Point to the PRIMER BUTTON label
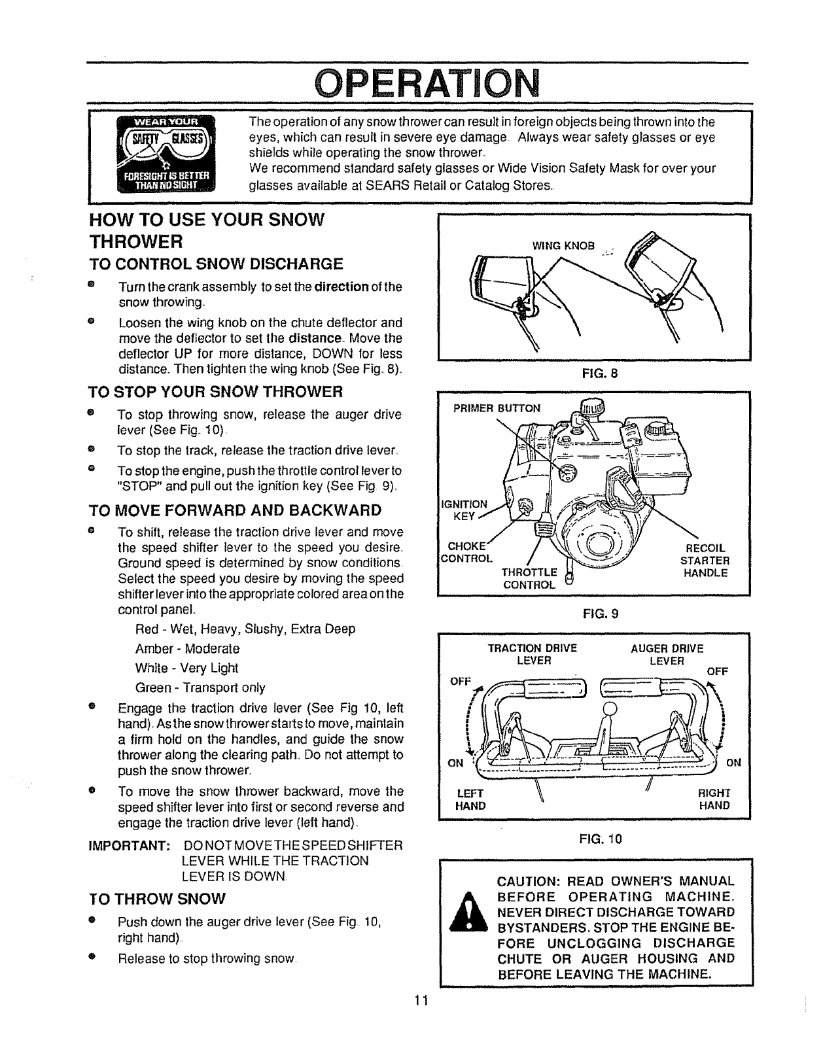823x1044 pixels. click(497, 409)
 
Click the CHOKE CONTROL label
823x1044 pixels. click(465, 553)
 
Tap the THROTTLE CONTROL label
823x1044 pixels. click(529, 579)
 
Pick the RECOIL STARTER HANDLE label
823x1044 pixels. click(706, 561)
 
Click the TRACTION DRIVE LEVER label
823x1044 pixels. click(533, 655)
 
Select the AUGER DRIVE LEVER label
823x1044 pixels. click(667, 655)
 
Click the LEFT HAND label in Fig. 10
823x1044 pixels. click(470, 799)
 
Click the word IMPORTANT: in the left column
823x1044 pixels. click(130, 846)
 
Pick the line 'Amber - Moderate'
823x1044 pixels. click(187, 649)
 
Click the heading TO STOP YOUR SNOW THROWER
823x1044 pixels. click(215, 392)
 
